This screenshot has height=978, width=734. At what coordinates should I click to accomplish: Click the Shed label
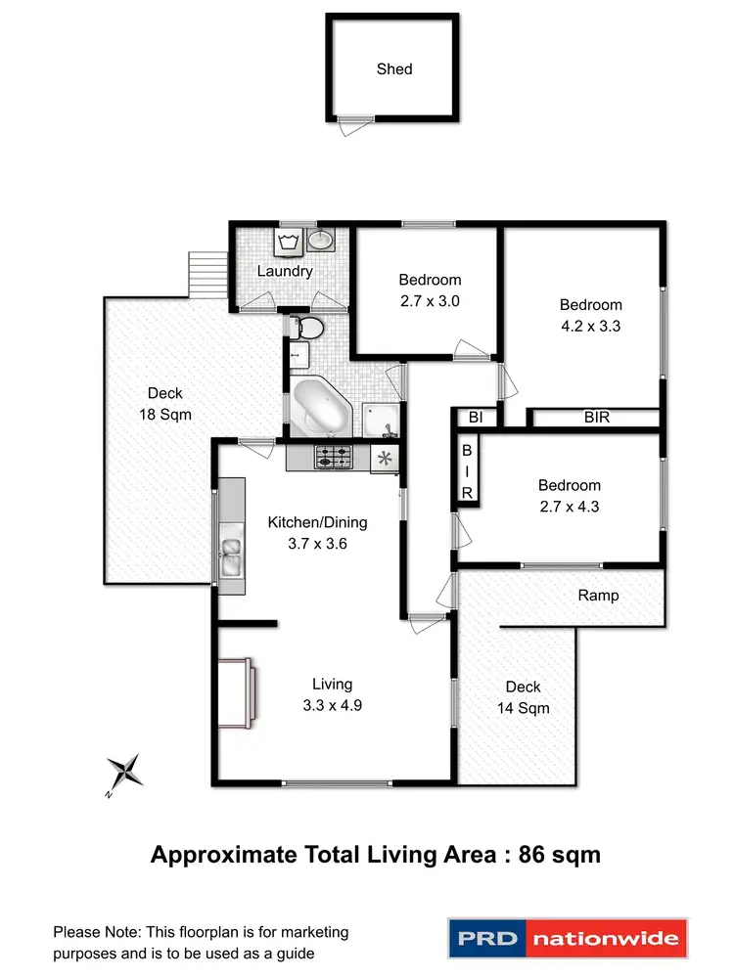click(394, 69)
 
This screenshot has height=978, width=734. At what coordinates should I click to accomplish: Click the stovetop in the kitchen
click(333, 456)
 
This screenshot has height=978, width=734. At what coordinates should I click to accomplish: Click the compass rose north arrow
click(124, 773)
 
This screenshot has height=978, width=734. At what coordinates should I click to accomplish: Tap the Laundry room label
click(285, 271)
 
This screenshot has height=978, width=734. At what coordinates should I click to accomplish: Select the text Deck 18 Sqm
click(165, 404)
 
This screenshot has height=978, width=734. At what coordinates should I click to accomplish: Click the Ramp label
click(598, 595)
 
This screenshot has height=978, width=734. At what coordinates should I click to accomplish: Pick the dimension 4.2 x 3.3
click(590, 327)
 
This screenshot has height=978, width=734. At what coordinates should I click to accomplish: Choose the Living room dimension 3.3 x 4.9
click(332, 705)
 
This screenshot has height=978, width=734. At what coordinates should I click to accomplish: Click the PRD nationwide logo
click(568, 940)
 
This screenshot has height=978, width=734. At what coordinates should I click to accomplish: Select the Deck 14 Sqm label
click(523, 697)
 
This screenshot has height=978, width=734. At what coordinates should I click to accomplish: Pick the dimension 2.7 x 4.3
click(570, 507)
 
